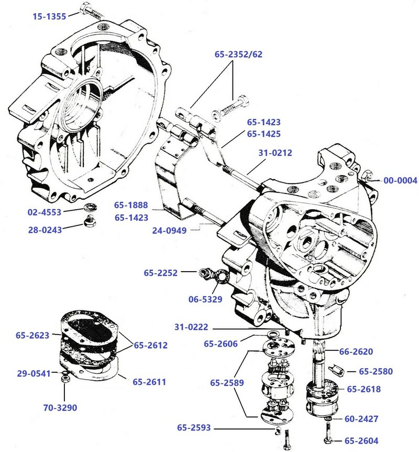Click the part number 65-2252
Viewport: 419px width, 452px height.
[161, 273]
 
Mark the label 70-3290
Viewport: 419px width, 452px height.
[59, 407]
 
